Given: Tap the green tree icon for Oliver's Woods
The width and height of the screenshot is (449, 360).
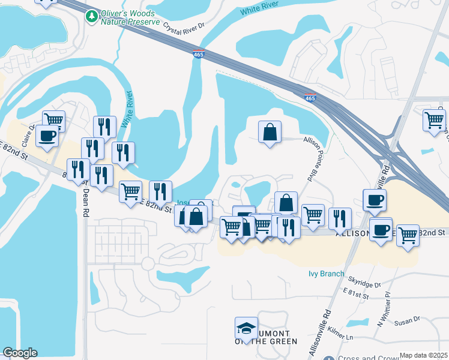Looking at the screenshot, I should pyautogui.click(x=92, y=16).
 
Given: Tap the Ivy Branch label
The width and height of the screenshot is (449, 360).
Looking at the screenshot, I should pyautogui.click(x=322, y=274).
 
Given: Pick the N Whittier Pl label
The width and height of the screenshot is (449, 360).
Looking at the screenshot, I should pyautogui.click(x=383, y=308).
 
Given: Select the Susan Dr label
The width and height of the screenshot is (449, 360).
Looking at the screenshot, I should pyautogui.click(x=408, y=322).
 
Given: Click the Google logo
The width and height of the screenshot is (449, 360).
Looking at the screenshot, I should pyautogui.click(x=20, y=353).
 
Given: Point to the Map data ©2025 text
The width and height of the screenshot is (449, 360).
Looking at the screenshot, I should pyautogui.click(x=423, y=355).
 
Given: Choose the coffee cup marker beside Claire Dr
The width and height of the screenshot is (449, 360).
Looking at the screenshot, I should pyautogui.click(x=47, y=136).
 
